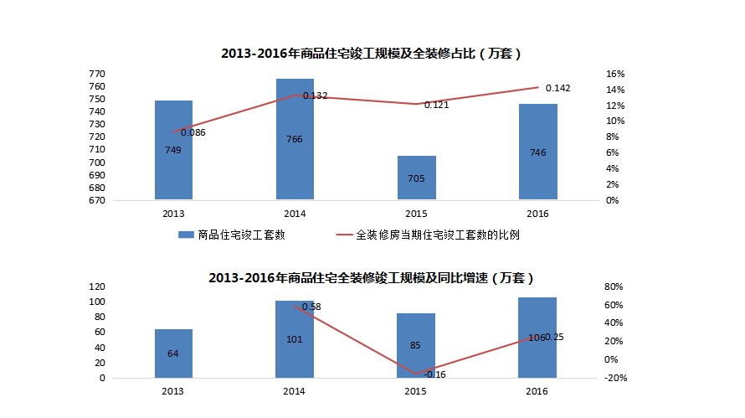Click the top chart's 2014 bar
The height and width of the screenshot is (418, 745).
[x=294, y=139]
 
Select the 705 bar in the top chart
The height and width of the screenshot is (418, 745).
[x=415, y=178]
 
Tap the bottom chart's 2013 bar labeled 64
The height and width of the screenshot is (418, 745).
[x=172, y=353]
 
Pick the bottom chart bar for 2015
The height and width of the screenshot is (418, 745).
[x=415, y=345]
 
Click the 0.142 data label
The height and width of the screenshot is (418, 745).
[x=558, y=88]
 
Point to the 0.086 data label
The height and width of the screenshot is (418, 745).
[x=193, y=132]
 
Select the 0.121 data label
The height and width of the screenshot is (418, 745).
[x=436, y=105]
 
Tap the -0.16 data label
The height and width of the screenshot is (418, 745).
[x=434, y=374]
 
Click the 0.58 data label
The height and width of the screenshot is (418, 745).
[x=311, y=307]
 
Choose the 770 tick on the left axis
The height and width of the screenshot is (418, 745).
[x=96, y=75]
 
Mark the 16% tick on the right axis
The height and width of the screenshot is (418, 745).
[x=614, y=75]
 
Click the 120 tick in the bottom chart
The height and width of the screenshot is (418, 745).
[x=96, y=286]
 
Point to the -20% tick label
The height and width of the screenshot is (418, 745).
[x=614, y=378]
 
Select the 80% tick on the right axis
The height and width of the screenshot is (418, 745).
[x=614, y=286]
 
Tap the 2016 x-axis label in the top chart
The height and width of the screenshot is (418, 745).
[x=537, y=214]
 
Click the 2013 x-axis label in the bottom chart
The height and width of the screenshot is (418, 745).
[x=173, y=392]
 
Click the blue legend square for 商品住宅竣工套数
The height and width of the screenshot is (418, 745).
[x=186, y=235]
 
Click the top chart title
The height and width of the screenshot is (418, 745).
[x=371, y=54]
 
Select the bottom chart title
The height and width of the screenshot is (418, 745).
[x=371, y=277]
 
